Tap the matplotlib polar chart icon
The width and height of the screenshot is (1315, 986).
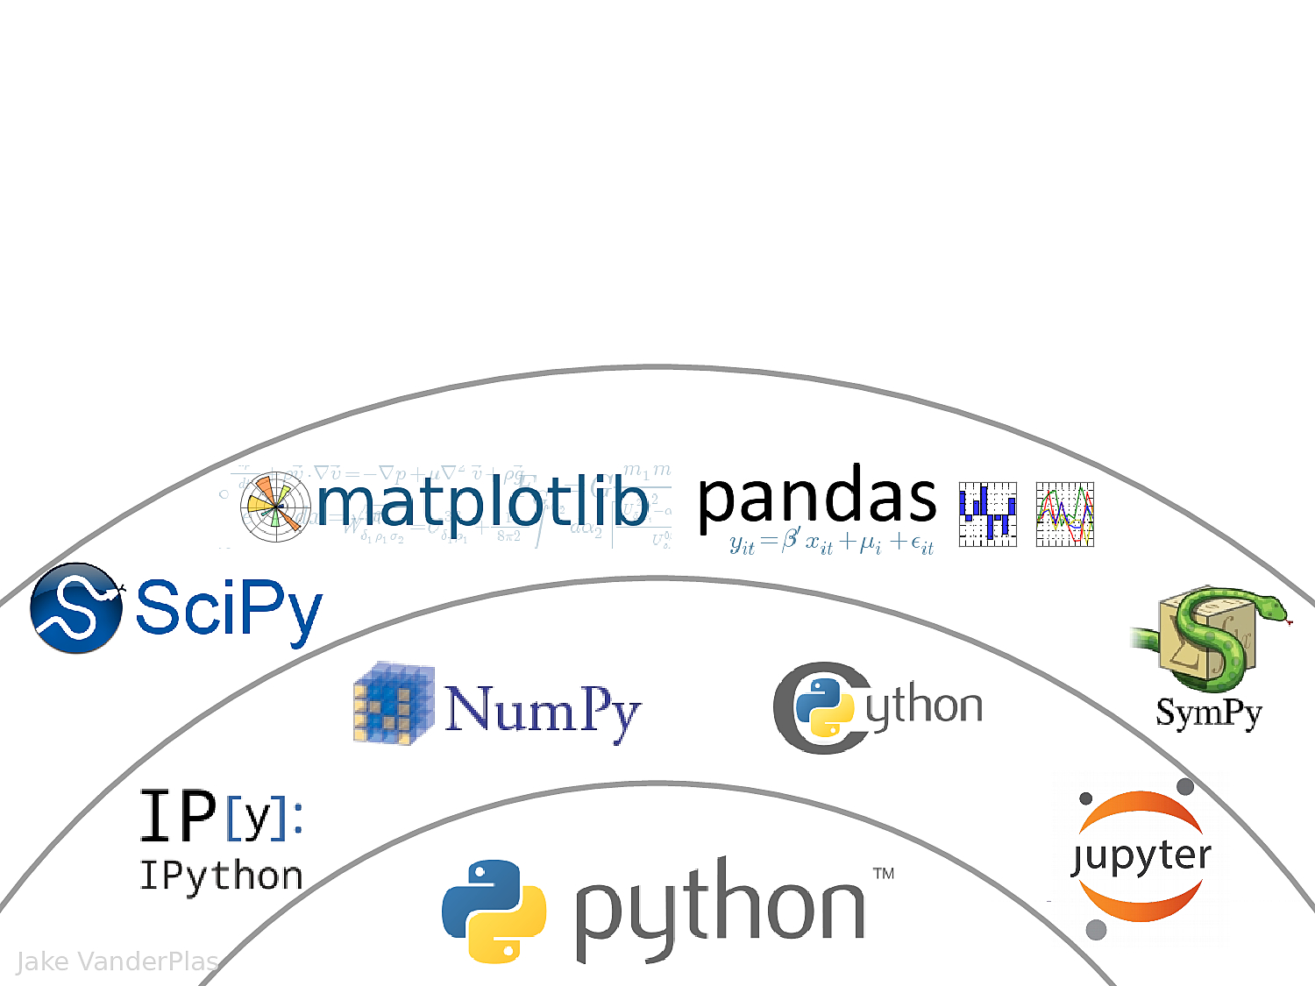275,507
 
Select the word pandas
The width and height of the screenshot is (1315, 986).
817,498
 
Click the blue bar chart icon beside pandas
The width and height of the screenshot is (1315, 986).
988,514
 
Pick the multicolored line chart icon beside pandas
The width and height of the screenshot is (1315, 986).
1065,514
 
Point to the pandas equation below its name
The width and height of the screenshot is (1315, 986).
831,543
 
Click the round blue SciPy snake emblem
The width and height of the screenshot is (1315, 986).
76,608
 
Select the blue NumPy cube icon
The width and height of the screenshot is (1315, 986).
394,704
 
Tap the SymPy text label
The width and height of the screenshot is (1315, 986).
1209,713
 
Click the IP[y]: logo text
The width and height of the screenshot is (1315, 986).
222,815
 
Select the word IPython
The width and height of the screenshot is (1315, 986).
222,876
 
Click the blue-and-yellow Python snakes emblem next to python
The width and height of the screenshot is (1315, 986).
494,912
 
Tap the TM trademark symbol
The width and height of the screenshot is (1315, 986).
884,873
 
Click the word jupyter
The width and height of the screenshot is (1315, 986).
1142,856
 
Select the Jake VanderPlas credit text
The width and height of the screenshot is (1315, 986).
117,961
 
